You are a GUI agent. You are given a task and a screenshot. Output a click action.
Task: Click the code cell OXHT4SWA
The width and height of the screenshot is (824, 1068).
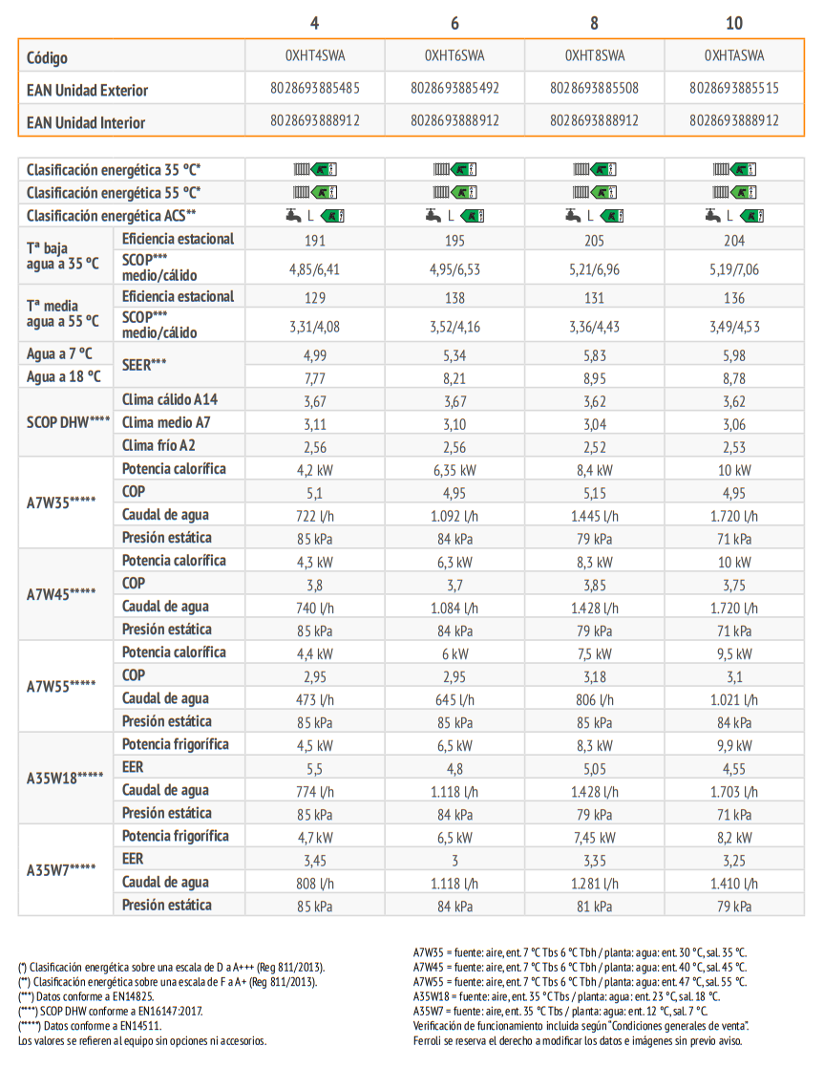click(315, 55)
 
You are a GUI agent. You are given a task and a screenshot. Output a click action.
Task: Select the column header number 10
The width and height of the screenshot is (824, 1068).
click(734, 23)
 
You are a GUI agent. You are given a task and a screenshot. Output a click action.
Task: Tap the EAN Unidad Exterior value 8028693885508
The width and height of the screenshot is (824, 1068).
click(595, 89)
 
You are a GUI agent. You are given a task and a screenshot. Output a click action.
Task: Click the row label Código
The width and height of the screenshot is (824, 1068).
click(47, 58)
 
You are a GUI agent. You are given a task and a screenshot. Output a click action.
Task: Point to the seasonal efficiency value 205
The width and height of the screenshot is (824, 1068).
click(595, 241)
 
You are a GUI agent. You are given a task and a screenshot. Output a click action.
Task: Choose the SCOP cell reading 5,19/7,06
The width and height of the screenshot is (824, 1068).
click(734, 269)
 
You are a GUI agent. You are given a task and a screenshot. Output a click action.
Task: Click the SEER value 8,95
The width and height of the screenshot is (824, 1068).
click(595, 378)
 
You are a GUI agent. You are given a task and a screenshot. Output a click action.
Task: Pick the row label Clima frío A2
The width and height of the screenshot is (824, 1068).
click(158, 445)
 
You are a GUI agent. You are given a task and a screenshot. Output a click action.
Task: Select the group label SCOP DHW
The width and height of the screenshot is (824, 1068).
click(68, 422)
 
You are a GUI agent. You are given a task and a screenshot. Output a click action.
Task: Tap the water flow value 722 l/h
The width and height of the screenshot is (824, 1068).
click(315, 516)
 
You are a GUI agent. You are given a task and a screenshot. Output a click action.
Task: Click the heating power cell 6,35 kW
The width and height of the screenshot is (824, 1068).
click(454, 471)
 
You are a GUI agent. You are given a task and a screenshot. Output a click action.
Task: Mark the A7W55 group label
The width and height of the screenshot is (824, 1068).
click(60, 687)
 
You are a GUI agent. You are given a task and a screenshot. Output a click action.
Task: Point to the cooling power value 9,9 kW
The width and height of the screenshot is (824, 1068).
click(734, 746)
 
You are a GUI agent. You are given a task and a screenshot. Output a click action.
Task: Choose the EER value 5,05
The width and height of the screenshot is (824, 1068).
click(595, 770)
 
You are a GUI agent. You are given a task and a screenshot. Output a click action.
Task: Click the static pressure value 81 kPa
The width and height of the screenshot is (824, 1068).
click(595, 908)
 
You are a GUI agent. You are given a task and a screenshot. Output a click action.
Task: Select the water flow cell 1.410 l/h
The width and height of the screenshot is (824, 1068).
click(734, 884)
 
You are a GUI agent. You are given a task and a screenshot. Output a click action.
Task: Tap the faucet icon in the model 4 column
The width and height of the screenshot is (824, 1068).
click(293, 215)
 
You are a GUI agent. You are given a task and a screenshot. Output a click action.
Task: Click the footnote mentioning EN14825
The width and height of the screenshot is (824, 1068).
click(87, 996)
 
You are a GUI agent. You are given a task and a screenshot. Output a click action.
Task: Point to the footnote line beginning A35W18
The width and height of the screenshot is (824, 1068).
click(566, 996)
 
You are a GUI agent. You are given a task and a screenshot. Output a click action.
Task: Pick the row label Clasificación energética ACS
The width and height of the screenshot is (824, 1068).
click(111, 216)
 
